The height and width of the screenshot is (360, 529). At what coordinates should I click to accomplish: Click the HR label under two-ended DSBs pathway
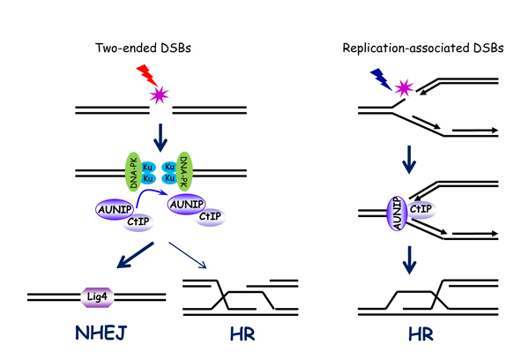(234, 337)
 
